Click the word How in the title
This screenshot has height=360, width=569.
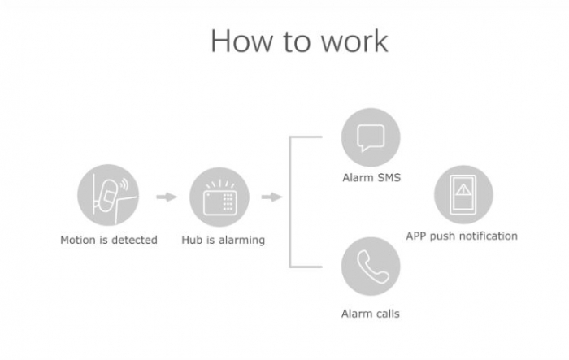238,40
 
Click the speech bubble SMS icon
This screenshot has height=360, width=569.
371,136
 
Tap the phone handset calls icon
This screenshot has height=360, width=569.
371,266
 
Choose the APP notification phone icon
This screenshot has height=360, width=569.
463,195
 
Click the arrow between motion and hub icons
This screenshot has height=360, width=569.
166,196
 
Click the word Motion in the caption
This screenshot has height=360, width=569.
78,240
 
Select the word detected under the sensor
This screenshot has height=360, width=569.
137,240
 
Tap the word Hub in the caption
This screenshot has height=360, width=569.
191,240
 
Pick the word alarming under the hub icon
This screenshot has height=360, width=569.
241,240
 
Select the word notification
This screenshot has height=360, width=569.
489,236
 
